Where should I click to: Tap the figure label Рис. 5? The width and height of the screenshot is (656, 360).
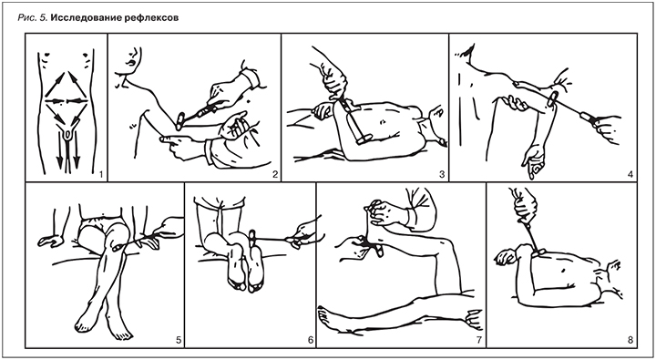coord(31,18)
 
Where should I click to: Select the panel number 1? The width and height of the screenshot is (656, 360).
coord(101,174)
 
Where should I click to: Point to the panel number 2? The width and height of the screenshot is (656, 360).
coord(274,174)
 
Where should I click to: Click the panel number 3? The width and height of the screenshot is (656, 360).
coord(442,174)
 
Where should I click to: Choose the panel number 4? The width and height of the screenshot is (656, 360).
coord(630,174)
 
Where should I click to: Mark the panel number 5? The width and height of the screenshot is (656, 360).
coord(179,340)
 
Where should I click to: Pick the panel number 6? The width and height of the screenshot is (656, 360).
coord(310,340)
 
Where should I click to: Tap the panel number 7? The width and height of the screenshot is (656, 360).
coord(479,340)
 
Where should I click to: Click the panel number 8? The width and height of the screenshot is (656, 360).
coord(630,340)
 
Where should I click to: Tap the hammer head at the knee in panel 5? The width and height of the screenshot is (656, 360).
coord(118,248)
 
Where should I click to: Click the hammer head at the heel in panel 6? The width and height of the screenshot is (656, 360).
coord(252,238)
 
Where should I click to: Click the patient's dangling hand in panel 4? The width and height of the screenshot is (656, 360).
coord(533,162)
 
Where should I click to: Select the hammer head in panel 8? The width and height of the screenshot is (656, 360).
coord(538,252)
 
